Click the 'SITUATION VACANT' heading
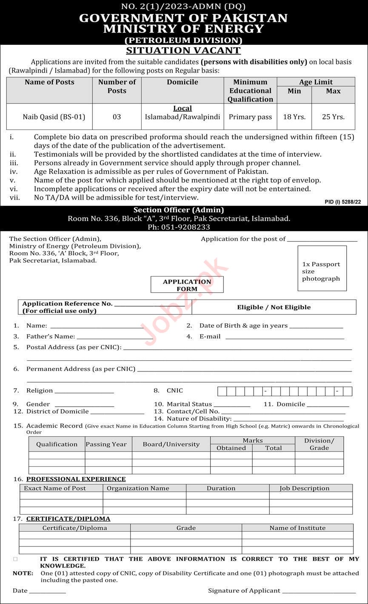pos(183,50)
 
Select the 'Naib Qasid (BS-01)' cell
pos(54,117)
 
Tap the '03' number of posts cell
pos(117,117)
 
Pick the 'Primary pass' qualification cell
pos(250,117)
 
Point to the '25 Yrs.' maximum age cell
pos(333,117)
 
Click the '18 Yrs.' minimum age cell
pos(294,117)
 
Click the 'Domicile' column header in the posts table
pos(183,82)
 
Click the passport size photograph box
pos(322,268)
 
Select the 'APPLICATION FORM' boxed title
pos(187,285)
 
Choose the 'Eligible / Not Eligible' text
pos(274,307)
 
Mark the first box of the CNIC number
pos(222,391)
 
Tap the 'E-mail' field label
pos(210,337)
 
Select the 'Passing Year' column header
pos(106,444)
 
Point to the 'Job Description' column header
pos(304,489)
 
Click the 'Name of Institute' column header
pos(297,528)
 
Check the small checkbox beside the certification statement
pos(16,559)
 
